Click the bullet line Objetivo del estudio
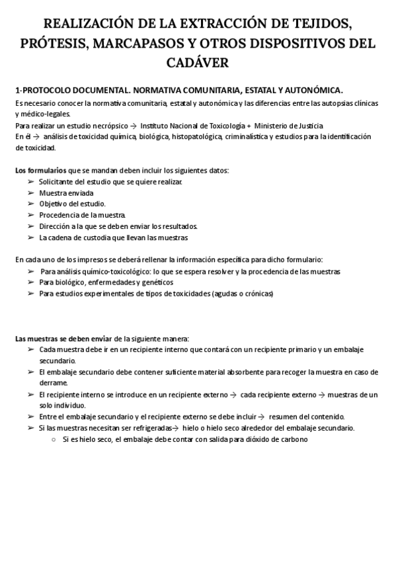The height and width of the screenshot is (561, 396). pos(72,204)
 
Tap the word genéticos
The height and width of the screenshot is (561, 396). pos(154,282)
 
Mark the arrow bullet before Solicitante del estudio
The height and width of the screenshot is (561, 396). pos(31,181)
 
